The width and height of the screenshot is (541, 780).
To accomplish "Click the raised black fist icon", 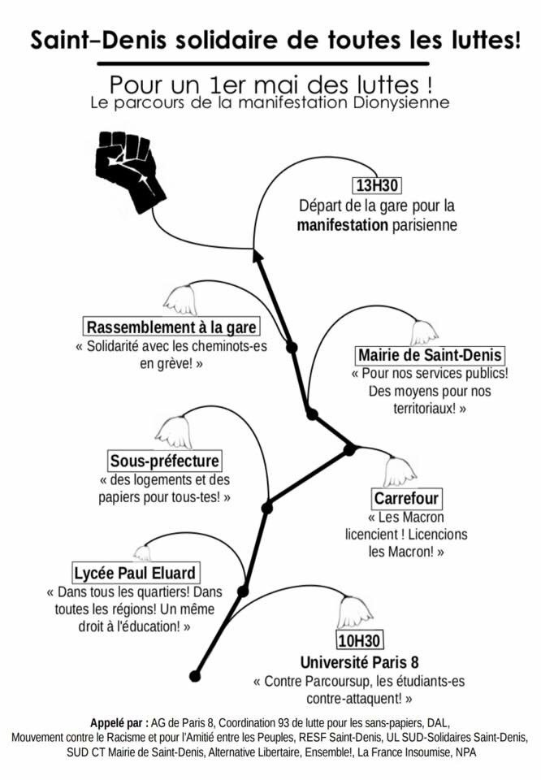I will tap(130, 168).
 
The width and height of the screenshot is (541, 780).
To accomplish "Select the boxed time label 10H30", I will tap(359, 639).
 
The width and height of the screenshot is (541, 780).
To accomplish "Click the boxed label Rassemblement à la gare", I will tap(172, 327).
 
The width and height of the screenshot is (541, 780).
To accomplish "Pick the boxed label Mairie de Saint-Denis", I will tap(430, 355).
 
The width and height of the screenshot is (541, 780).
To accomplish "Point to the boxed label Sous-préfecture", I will tap(165, 461).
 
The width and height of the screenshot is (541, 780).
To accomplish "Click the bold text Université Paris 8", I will tap(359, 661).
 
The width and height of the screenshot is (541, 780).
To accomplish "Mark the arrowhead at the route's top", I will tap(258, 256).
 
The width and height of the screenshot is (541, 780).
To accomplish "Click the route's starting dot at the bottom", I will tap(195, 675).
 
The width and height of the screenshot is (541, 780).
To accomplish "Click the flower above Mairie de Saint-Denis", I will tap(422, 331).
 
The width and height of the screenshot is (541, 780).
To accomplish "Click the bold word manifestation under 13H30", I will tap(343, 224).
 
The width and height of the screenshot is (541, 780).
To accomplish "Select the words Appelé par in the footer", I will tap(119, 722).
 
